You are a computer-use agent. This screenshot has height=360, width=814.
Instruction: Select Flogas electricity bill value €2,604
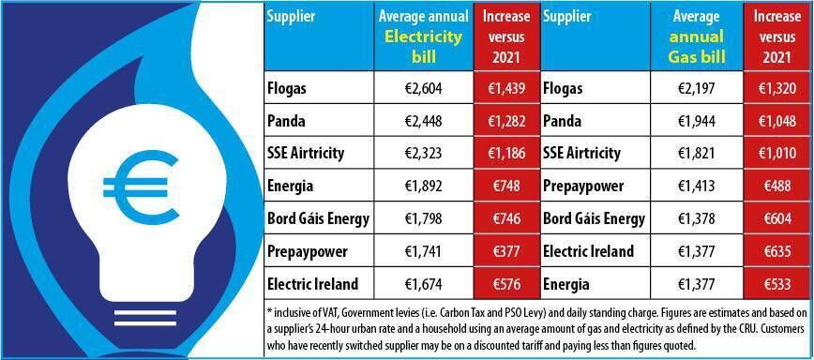[x=423, y=89]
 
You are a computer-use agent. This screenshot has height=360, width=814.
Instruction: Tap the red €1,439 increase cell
[x=506, y=89]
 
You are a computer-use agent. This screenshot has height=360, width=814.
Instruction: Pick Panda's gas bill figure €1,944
[x=696, y=121]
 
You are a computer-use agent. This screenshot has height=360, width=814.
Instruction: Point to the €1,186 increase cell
[x=506, y=154]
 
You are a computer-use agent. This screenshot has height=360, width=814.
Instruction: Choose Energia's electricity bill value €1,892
[x=423, y=186]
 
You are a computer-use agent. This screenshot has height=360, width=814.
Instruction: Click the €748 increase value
[x=506, y=186]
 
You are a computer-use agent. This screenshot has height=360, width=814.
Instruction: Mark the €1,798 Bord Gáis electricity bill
[x=423, y=218]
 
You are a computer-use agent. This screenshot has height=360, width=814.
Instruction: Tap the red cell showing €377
[x=506, y=251]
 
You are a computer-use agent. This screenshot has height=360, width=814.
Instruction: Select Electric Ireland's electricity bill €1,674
[x=423, y=284]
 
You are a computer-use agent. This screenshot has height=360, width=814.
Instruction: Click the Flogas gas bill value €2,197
[x=696, y=89]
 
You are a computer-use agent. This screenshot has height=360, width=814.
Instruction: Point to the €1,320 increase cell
[x=777, y=89]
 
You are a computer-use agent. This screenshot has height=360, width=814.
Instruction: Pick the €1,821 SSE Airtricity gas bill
[x=696, y=154]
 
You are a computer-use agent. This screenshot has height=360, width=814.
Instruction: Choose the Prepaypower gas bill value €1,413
[x=696, y=186]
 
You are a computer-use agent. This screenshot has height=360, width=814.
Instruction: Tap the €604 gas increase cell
[x=777, y=218]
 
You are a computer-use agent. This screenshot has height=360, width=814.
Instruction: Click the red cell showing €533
[x=777, y=284]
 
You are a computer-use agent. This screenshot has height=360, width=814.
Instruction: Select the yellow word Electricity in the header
[x=423, y=37]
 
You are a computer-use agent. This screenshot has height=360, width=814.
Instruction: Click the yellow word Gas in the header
[x=682, y=57]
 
